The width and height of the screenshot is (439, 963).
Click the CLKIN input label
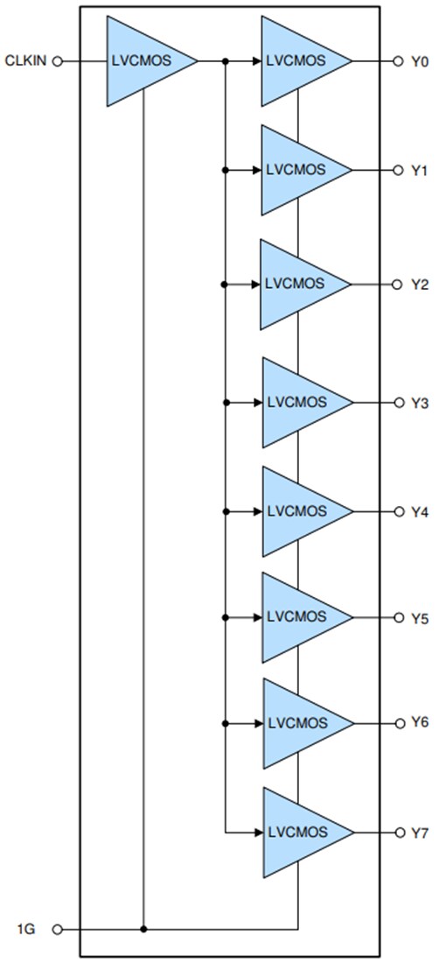tap(25, 61)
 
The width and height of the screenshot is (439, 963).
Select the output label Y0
tap(420, 62)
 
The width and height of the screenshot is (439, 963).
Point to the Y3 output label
tap(420, 403)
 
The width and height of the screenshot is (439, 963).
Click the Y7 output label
tap(420, 832)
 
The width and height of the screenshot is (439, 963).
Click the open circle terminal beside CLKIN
tap(58, 61)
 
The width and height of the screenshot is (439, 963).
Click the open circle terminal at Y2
tap(398, 285)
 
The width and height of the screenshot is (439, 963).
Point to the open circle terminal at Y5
tap(398, 617)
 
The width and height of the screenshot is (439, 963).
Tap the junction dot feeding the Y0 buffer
tap(226, 61)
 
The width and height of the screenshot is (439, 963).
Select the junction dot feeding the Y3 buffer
tap(226, 403)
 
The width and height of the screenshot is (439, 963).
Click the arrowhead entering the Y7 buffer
tap(257, 831)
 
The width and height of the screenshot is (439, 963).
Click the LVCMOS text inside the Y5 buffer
tap(296, 617)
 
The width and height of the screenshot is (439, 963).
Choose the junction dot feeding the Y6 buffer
tap(226, 723)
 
